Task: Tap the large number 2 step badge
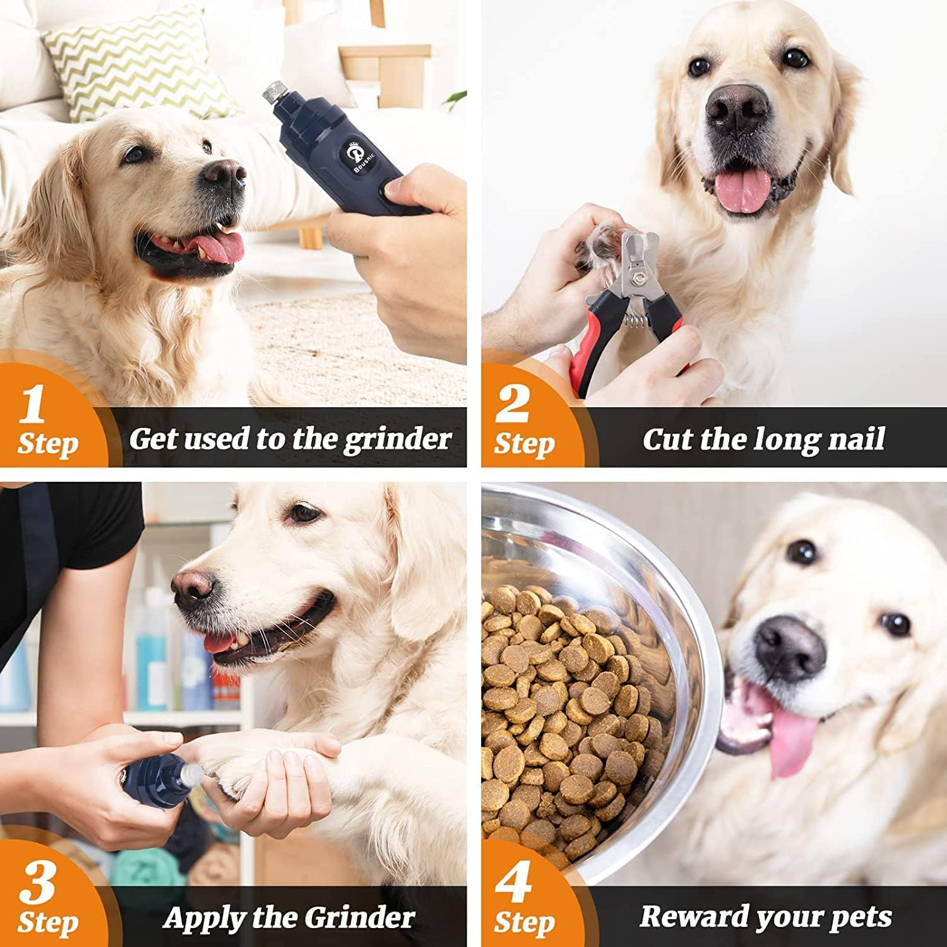tap(511, 404)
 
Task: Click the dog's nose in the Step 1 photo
tap(224, 174)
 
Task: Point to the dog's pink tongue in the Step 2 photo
tap(742, 189)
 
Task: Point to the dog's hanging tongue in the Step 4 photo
tap(792, 742)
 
